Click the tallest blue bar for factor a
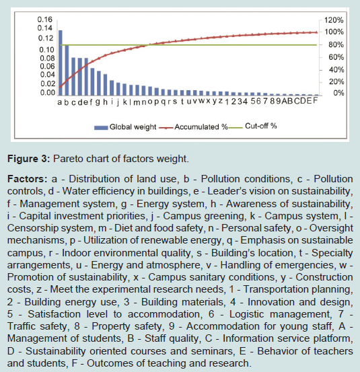click(61, 63)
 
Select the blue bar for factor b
click(67, 71)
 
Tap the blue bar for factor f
click(92, 82)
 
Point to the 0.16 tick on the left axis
click(44, 20)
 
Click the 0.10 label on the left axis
click(46, 50)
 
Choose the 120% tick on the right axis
click(334, 20)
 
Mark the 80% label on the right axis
click(336, 44)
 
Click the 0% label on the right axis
click(338, 93)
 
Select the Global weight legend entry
click(125, 127)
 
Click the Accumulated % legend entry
click(193, 127)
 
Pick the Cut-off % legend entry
click(253, 126)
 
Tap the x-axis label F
click(315, 101)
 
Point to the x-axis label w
click(201, 101)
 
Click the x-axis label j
click(118, 102)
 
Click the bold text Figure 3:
click(29, 159)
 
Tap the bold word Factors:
click(28, 179)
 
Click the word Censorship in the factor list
click(33, 228)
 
